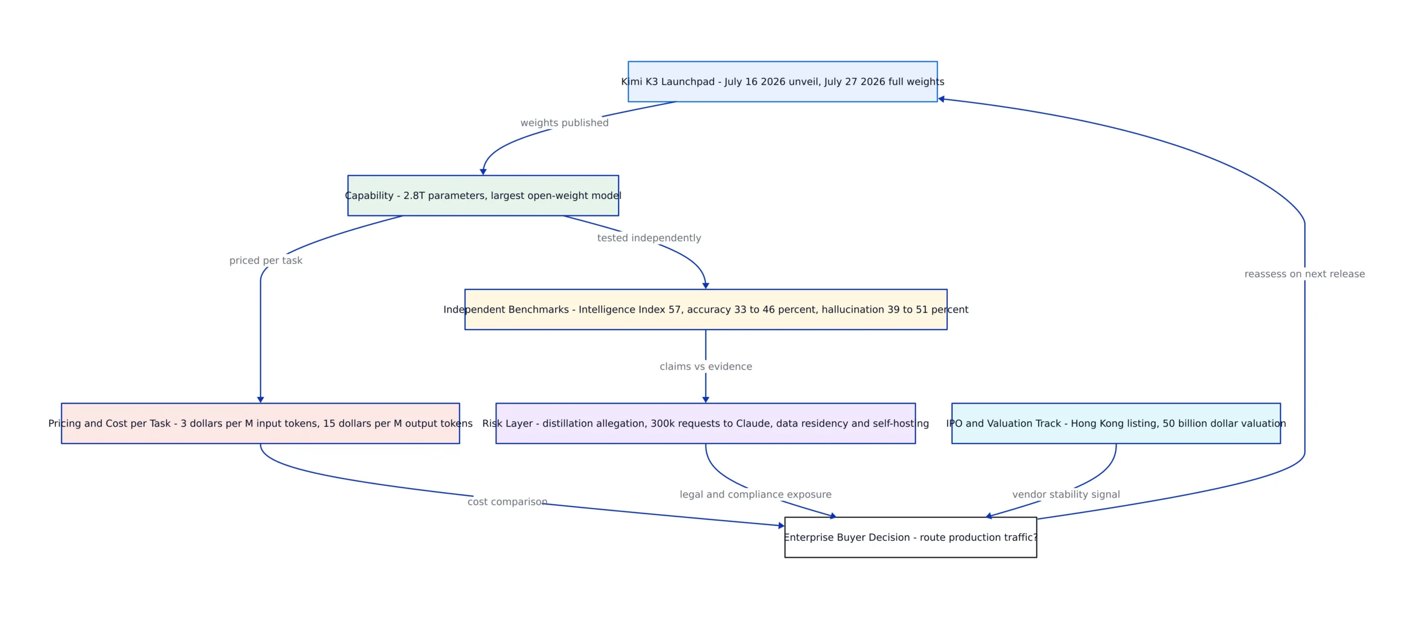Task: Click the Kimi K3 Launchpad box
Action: pos(782,81)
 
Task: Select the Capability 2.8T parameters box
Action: pos(483,195)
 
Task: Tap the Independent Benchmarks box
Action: pos(705,309)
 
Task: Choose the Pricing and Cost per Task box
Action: pos(260,423)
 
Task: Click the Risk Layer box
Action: pos(705,423)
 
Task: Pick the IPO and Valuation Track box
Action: pos(1116,423)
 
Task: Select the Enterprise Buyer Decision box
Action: pos(910,537)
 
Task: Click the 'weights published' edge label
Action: pos(564,123)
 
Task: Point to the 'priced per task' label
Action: pos(266,260)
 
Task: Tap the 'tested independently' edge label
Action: pos(649,237)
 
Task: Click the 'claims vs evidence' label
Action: pos(705,366)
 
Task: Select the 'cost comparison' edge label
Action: pos(507,501)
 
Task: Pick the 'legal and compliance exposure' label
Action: pos(755,494)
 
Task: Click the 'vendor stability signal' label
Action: pos(1066,494)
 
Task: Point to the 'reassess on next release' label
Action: pos(1304,274)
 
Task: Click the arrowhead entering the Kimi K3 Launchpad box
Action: pos(941,99)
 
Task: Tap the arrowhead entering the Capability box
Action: pos(483,172)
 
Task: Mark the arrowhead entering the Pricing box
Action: pos(260,400)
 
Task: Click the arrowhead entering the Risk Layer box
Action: pos(705,400)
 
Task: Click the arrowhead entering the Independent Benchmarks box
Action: pos(705,285)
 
